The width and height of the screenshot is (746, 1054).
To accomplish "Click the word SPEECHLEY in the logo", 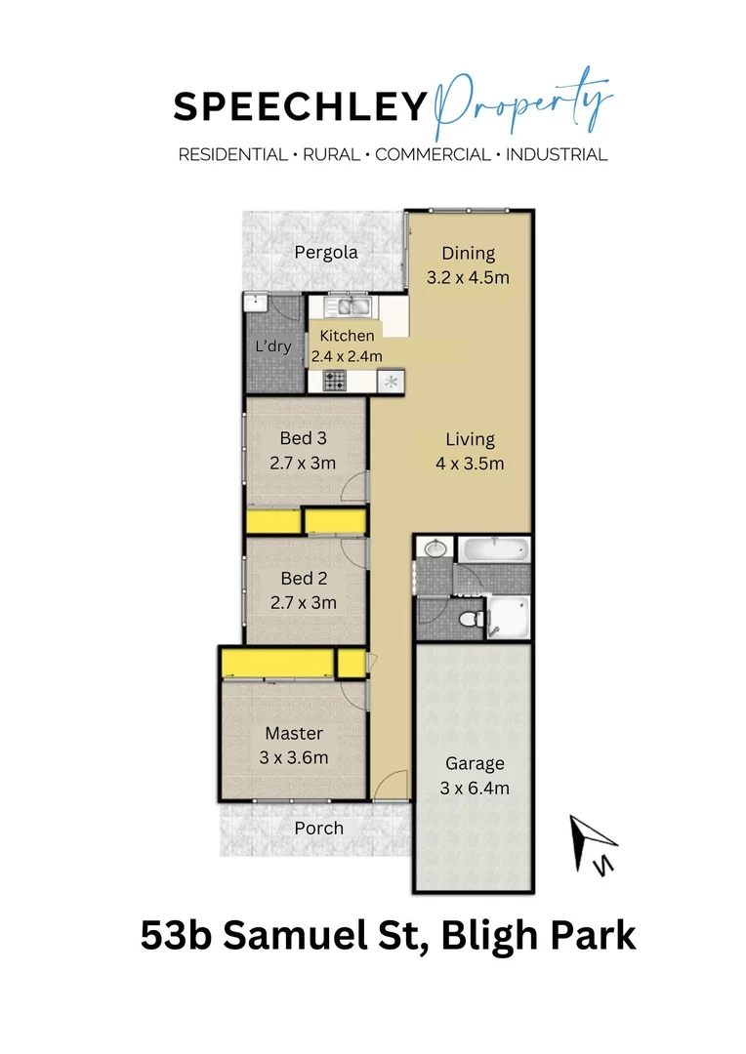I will click(x=300, y=108).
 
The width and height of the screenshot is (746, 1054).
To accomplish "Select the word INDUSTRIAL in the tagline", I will click(x=557, y=154).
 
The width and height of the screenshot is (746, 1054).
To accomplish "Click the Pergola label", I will click(x=326, y=253).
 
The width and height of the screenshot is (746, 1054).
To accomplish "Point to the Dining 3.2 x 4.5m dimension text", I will click(x=468, y=277).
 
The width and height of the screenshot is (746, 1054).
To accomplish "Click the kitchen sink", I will click(x=348, y=308).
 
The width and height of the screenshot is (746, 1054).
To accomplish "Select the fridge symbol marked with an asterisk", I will click(x=393, y=382).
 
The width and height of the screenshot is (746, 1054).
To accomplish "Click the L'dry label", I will click(x=272, y=346).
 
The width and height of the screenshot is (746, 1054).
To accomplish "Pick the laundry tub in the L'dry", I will click(x=255, y=303).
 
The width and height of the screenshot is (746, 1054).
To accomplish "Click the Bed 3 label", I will click(x=303, y=438).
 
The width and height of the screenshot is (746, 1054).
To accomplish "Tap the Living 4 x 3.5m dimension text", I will click(x=470, y=464).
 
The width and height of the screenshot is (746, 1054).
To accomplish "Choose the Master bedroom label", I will click(x=293, y=734).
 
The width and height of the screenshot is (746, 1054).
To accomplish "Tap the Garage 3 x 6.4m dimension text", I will click(x=475, y=789).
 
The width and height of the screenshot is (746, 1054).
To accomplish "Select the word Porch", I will click(x=319, y=829).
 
